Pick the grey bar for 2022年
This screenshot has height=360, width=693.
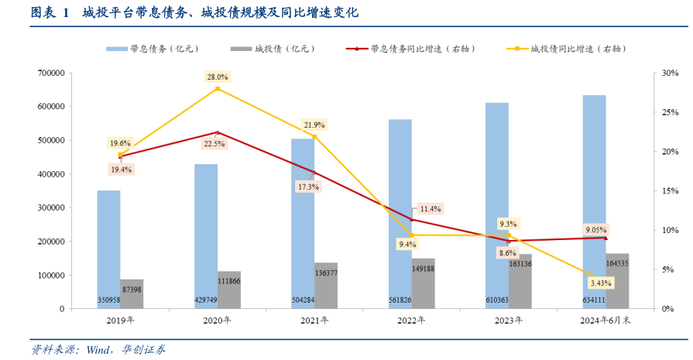(x=423, y=288)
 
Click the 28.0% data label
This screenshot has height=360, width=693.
(x=217, y=77)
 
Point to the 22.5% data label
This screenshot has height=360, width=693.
(x=214, y=144)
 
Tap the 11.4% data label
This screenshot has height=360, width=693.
(x=430, y=209)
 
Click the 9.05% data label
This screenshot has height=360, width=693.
(x=596, y=230)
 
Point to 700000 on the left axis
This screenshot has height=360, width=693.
(x=50, y=73)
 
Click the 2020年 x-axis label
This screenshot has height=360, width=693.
(x=217, y=321)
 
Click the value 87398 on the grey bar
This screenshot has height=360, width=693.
(x=132, y=289)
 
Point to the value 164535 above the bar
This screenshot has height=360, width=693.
(x=618, y=265)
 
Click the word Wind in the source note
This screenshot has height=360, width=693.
(x=99, y=349)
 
